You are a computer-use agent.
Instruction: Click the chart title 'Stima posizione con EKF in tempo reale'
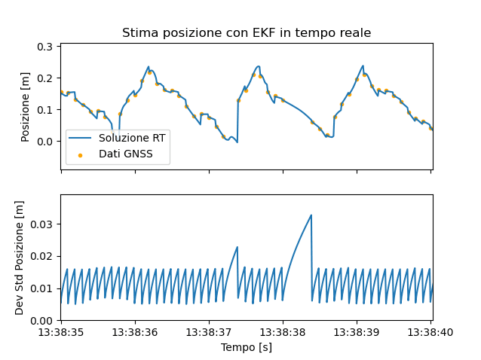(247, 33)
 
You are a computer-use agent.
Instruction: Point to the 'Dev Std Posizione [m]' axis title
(20, 258)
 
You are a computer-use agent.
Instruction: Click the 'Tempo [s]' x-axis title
(247, 347)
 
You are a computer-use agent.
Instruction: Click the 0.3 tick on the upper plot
(45, 47)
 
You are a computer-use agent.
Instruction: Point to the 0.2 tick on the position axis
(45, 78)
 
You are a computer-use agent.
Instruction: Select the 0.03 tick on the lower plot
(42, 224)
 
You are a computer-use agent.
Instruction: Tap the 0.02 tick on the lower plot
(42, 257)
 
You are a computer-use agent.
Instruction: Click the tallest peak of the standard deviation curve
(311, 215)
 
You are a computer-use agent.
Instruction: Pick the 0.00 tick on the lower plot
(42, 321)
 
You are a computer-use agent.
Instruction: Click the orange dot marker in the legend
(81, 154)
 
